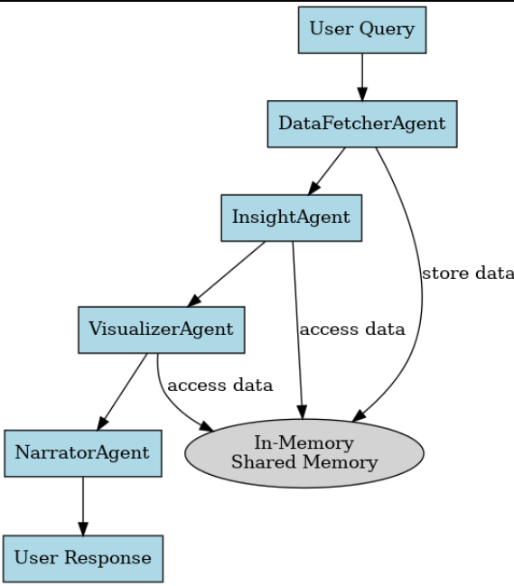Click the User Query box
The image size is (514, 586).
pyautogui.click(x=361, y=29)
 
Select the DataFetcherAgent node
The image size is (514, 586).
pyautogui.click(x=361, y=124)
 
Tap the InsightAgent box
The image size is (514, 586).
pyautogui.click(x=291, y=218)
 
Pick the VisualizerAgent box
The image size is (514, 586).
pyautogui.click(x=161, y=329)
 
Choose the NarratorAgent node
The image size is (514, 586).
pyautogui.click(x=82, y=452)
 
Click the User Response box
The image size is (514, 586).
pyautogui.click(x=82, y=558)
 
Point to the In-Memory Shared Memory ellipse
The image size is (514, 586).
pyautogui.click(x=304, y=453)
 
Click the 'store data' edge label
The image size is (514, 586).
pyautogui.click(x=467, y=274)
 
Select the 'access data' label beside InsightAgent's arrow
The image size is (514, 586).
pyautogui.click(x=351, y=329)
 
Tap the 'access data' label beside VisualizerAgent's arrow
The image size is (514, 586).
pyautogui.click(x=220, y=386)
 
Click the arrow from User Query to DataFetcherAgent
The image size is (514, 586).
pyautogui.click(x=361, y=77)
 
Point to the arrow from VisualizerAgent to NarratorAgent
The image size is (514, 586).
pyautogui.click(x=122, y=390)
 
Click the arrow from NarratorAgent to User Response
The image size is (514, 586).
pyautogui.click(x=83, y=506)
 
